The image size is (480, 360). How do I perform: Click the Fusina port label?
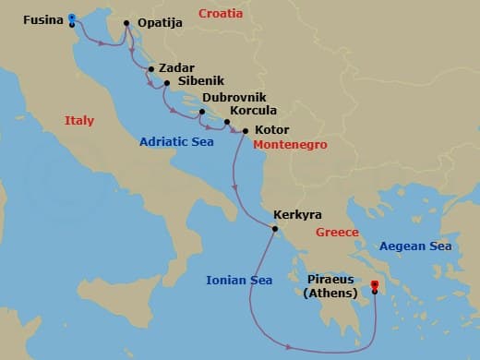[x=42, y=18]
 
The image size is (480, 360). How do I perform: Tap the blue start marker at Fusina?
[x=72, y=17]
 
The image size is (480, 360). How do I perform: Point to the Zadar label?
[x=176, y=67]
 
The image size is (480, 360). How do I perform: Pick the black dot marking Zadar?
[x=150, y=68]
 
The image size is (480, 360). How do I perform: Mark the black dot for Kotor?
[x=245, y=131]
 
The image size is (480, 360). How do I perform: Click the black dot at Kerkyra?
[x=274, y=228]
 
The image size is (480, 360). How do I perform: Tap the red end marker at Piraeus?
[x=374, y=286]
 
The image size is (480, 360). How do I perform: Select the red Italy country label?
[x=80, y=121]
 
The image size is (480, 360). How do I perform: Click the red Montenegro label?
[x=290, y=146]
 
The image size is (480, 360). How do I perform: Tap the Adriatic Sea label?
[x=177, y=142]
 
